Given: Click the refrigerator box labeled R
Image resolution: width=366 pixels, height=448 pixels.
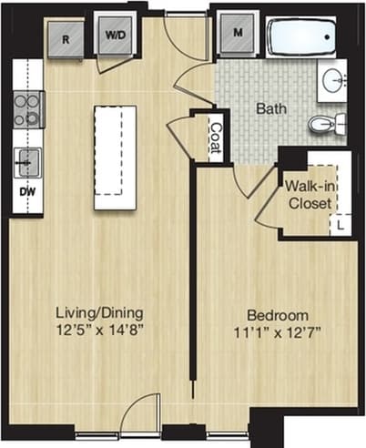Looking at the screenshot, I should pos(66,39).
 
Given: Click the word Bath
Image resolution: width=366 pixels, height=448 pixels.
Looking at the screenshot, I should pos(270,108).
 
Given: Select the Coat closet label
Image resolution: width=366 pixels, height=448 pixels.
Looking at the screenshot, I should pos(216,137).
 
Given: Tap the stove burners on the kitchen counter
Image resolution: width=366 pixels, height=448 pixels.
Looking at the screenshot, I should pos(29,109).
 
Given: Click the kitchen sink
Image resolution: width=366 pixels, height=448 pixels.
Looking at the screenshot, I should pos(28,162).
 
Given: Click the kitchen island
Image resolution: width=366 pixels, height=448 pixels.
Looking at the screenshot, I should pos(115,157).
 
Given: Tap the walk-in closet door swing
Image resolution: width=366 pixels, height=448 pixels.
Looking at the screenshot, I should pos(267,209).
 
